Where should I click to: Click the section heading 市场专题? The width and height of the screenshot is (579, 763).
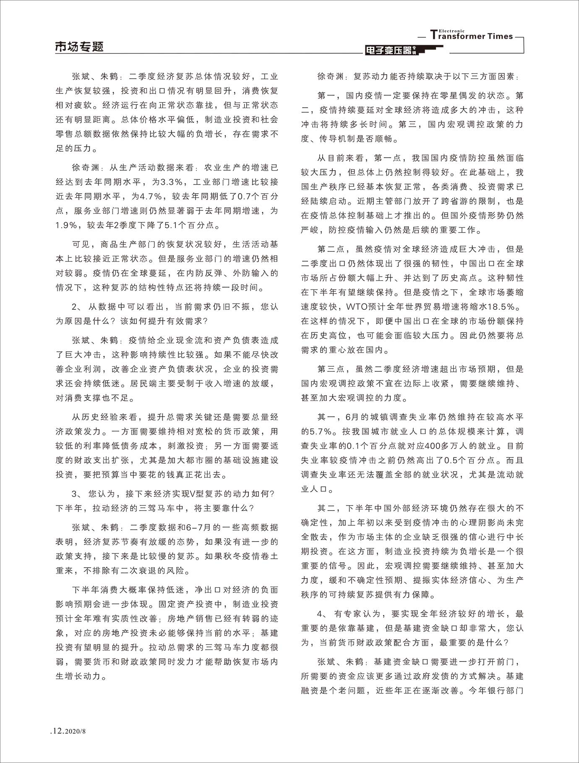point(79,47)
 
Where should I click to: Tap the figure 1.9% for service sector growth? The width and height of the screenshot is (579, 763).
point(66,225)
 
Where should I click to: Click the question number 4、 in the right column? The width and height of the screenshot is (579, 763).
point(323,614)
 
